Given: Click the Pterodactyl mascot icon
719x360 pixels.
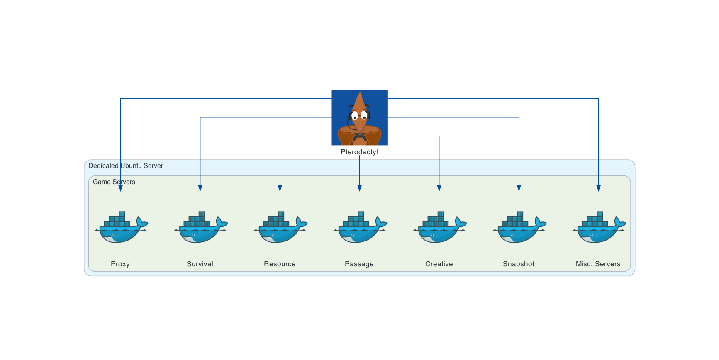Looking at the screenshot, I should [359, 117].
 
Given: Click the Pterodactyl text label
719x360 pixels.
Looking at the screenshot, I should [359, 152].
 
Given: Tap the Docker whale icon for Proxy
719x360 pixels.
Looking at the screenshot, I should [121, 227].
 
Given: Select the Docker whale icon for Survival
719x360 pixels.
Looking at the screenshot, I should [200, 227].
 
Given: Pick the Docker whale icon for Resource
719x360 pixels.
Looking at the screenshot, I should [280, 227].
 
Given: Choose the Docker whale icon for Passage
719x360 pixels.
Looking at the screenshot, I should [360, 227].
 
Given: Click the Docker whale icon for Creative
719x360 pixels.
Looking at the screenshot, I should [439, 227].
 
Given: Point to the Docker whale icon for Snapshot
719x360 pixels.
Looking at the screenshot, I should [519, 227].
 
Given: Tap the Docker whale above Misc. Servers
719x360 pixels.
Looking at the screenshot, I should [599, 227].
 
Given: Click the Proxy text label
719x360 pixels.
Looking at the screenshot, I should [120, 264].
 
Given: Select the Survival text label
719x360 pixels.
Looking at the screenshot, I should [200, 264].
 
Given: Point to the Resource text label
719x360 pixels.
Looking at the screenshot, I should [280, 264].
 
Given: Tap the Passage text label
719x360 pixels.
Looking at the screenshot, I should [359, 264].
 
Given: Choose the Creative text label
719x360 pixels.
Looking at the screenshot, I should [439, 264].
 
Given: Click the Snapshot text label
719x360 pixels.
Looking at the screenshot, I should [519, 264].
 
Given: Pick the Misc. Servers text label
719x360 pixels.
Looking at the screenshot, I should [598, 264].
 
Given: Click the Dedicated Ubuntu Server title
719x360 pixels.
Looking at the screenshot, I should [126, 166].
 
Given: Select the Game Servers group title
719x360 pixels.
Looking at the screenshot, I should [114, 182].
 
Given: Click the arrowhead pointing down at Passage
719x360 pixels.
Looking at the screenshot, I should [360, 188].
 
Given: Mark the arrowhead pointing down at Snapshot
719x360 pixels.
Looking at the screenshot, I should [519, 188].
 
